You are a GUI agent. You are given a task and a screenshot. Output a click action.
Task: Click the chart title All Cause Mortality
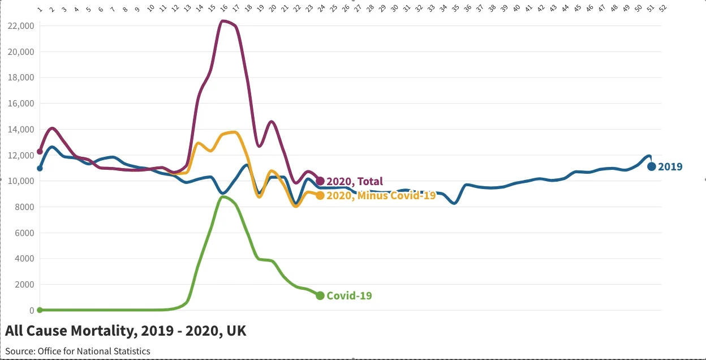point(126,331)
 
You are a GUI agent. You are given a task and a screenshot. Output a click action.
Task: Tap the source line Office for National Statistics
point(78,351)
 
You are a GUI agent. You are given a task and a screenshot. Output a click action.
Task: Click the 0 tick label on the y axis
point(32,310)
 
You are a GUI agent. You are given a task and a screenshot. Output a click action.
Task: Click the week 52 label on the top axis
point(662,9)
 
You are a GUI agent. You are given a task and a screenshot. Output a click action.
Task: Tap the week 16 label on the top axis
point(223,9)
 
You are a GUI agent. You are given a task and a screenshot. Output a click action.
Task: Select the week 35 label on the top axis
point(455,9)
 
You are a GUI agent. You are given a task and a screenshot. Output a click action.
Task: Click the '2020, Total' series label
point(355,182)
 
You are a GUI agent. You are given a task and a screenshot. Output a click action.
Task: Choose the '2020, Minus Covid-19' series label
point(381,196)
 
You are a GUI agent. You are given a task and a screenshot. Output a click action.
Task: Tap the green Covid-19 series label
point(349,295)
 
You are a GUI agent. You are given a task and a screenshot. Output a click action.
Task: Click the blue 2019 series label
point(670,167)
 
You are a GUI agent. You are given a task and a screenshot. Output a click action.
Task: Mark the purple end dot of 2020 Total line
point(320,181)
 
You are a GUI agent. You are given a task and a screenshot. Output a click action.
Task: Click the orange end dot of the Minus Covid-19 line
point(320,195)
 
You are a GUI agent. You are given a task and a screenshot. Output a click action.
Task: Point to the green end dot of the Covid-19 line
point(320,295)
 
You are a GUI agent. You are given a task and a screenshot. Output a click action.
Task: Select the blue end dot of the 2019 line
point(651,166)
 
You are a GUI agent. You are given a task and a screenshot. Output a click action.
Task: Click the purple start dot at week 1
point(40,152)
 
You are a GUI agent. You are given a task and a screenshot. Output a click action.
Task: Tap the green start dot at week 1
point(40,310)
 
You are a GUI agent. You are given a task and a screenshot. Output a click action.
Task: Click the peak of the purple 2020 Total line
point(224,22)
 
